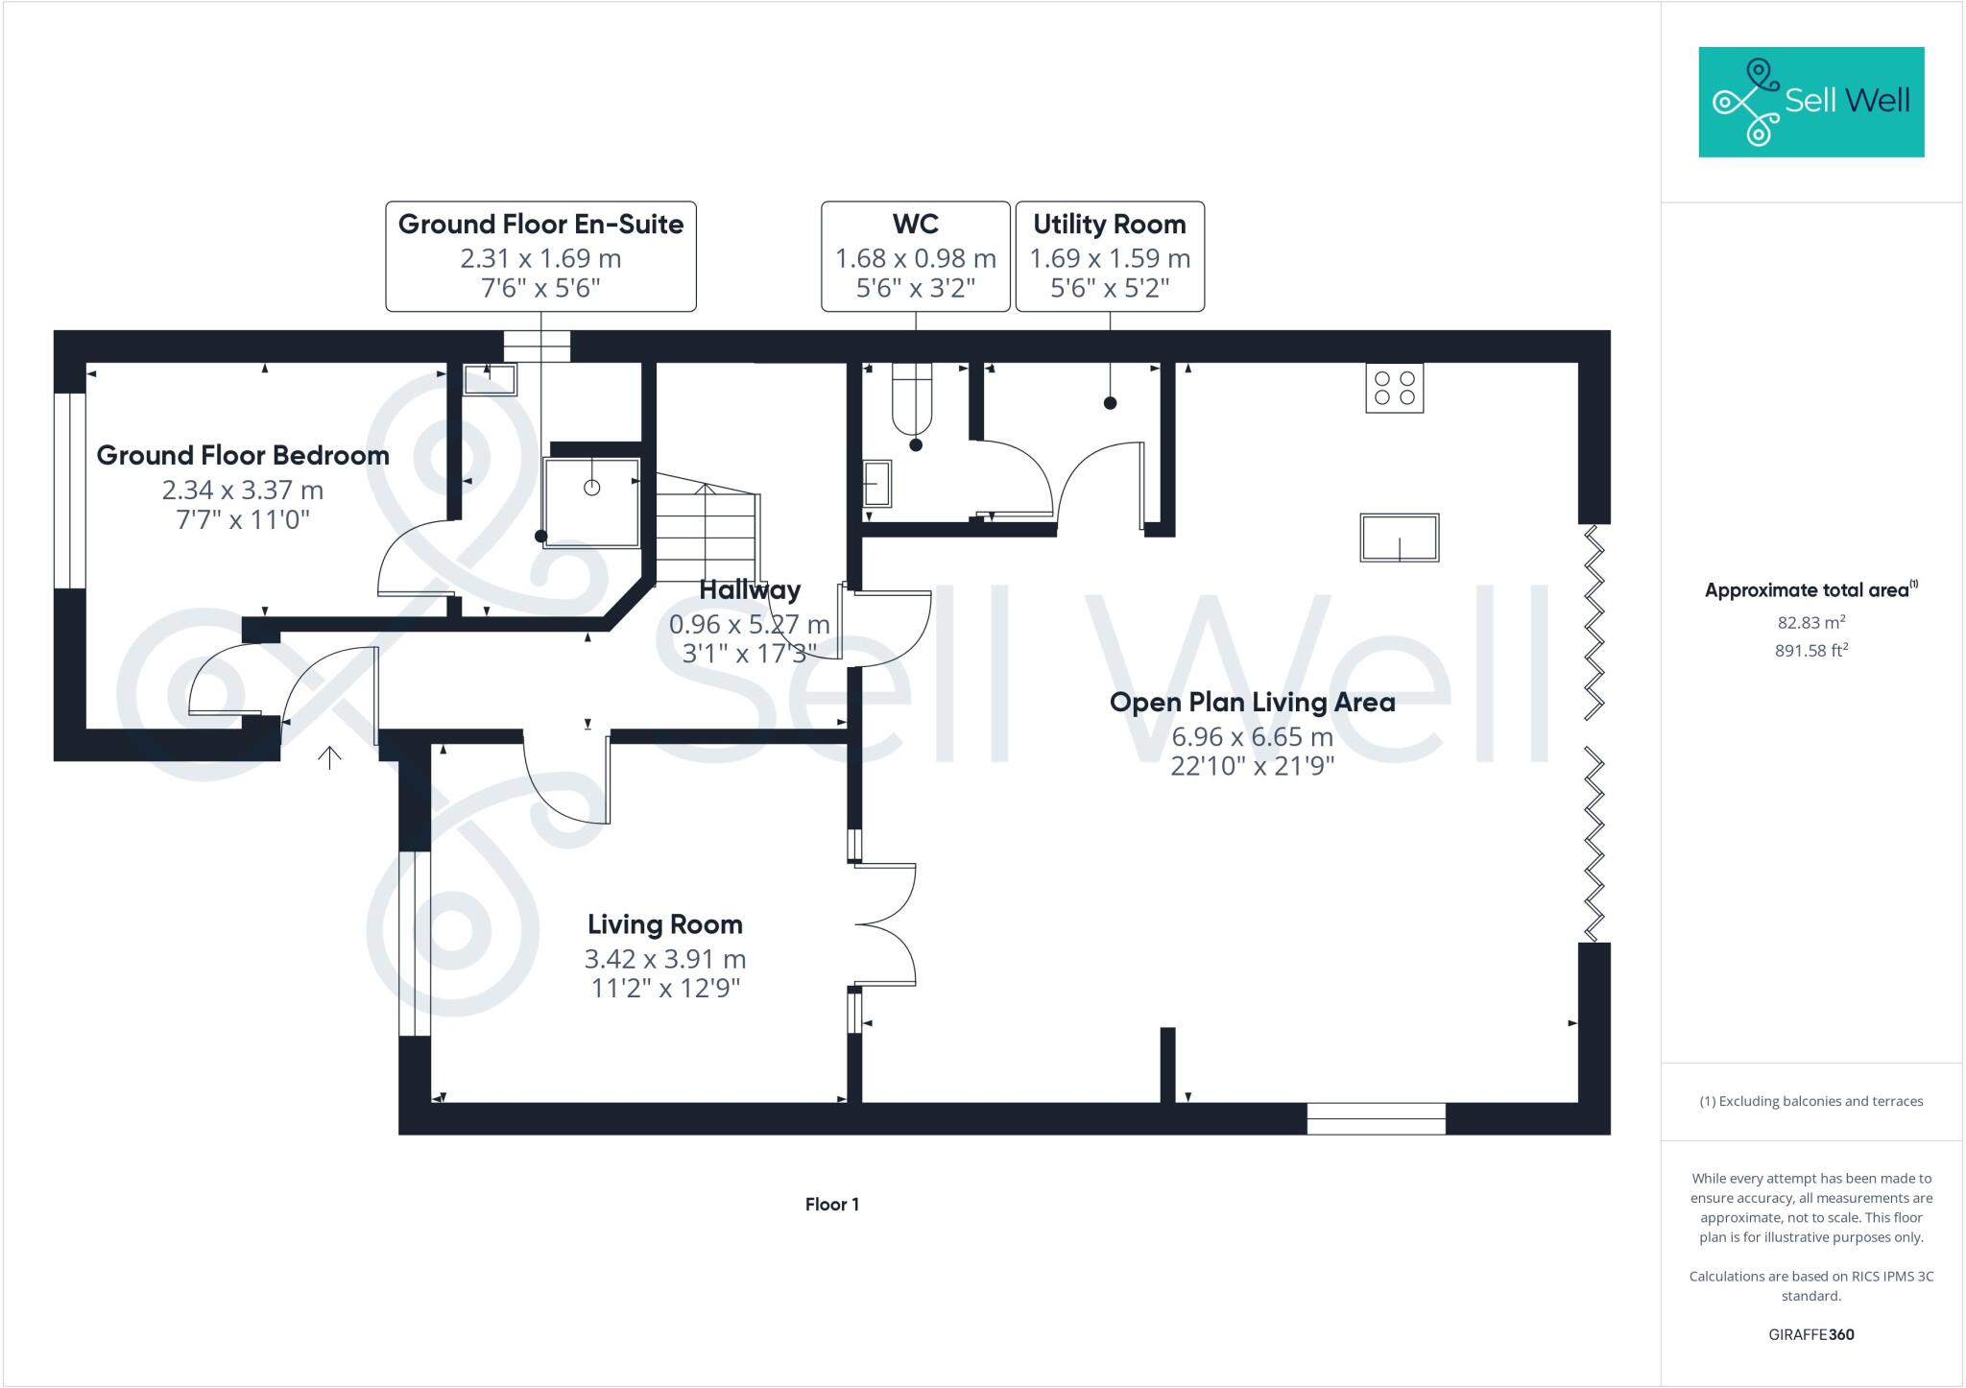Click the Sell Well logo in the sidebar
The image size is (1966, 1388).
click(x=1810, y=102)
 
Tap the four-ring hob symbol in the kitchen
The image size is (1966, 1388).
click(x=1394, y=388)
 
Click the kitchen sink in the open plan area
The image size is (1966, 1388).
click(x=1399, y=538)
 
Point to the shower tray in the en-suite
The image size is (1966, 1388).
click(x=591, y=502)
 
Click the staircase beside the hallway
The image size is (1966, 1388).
click(x=707, y=529)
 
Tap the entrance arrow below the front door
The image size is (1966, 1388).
click(x=329, y=758)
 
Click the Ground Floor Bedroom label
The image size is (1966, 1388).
click(x=243, y=455)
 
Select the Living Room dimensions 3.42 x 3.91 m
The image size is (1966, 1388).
click(x=664, y=959)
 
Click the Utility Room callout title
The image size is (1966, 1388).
click(x=1109, y=225)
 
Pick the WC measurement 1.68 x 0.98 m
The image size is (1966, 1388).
click(x=915, y=258)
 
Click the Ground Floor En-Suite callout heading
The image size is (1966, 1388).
click(x=540, y=225)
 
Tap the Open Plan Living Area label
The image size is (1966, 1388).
click(x=1252, y=703)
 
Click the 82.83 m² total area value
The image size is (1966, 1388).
click(x=1810, y=622)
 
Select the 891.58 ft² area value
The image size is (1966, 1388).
click(x=1810, y=651)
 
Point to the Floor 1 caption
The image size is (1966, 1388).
click(x=831, y=1205)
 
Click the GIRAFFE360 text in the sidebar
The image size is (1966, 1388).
click(x=1810, y=1334)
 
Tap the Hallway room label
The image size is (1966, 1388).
click(x=749, y=589)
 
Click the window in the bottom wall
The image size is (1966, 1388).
click(x=1376, y=1119)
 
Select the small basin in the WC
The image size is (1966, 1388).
click(x=876, y=483)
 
